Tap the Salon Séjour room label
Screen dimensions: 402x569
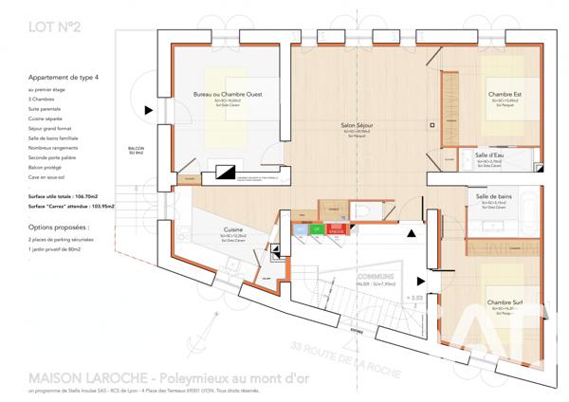tap(357, 125)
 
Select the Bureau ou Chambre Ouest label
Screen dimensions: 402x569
tap(228, 94)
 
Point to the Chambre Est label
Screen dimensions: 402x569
tap(505, 94)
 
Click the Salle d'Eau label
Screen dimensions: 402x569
tap(494, 155)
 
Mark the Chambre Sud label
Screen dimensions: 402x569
tap(505, 302)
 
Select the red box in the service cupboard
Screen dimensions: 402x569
tap(335, 228)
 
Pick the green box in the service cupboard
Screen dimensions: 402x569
tap(317, 228)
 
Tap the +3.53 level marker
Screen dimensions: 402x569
tap(414, 297)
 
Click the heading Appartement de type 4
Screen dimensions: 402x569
tap(64, 78)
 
